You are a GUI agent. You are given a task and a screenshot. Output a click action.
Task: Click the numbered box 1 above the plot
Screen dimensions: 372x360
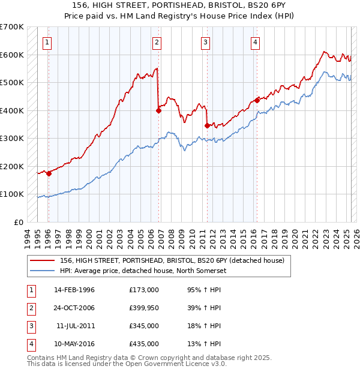pos(47,42)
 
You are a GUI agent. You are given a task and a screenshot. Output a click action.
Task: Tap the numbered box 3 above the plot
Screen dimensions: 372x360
pos(205,42)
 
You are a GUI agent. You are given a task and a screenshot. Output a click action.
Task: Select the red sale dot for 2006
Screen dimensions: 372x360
pos(159,110)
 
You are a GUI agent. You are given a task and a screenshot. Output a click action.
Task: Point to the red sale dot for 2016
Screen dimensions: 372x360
pos(257,100)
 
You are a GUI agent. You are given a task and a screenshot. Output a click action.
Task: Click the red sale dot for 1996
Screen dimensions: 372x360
pos(49,173)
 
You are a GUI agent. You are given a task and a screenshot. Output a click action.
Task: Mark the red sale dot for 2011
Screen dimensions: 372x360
pos(207,125)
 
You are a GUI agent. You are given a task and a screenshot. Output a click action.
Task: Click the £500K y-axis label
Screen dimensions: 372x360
pos(12,83)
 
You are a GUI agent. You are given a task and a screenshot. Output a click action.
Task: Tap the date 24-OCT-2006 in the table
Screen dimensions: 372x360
pos(74,307)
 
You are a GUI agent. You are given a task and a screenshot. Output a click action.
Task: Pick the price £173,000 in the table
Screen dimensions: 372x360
pos(143,289)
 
